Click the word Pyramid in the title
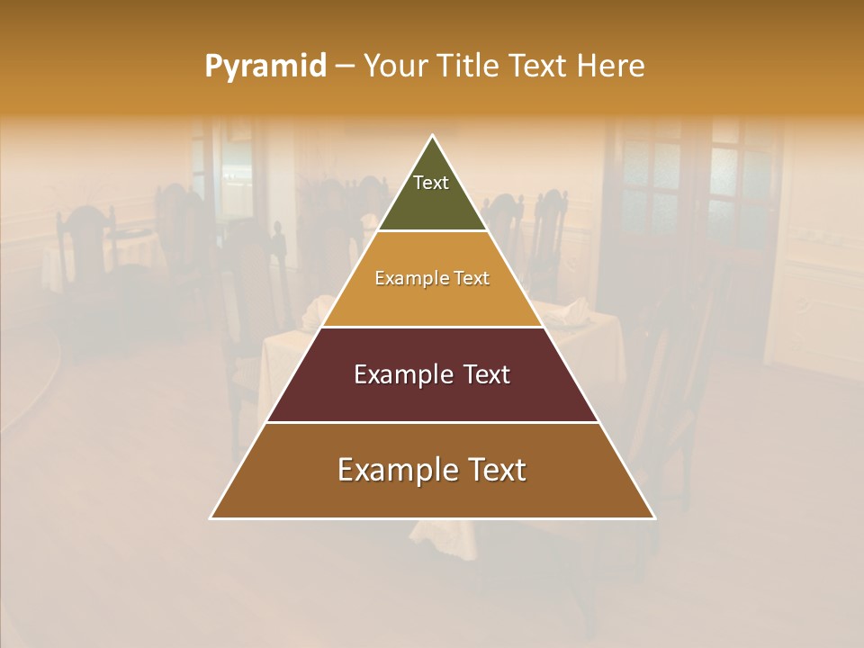point(265,67)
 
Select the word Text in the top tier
point(431,183)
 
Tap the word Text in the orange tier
point(472,279)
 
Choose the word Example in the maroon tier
point(401,374)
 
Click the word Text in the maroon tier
point(486,374)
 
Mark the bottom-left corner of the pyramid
point(211,517)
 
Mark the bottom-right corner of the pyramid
point(654,517)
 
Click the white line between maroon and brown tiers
point(432,422)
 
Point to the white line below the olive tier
point(432,231)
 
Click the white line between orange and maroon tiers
point(432,327)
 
